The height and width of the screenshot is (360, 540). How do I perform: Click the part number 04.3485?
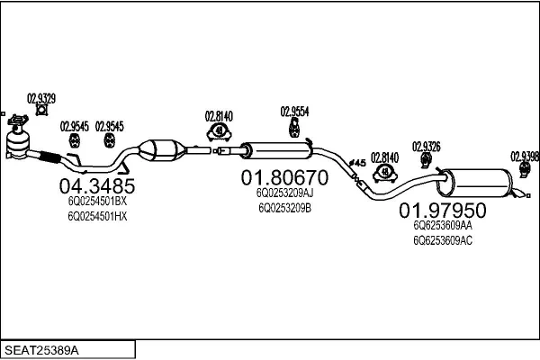click(x=96, y=186)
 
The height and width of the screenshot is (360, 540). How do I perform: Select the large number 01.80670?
click(x=284, y=177)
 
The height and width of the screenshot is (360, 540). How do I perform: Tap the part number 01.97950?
click(x=442, y=211)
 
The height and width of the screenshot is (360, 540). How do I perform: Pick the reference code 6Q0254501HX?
click(x=97, y=216)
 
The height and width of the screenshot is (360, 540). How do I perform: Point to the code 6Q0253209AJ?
click(x=284, y=193)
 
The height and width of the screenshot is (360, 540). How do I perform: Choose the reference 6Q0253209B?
click(x=284, y=207)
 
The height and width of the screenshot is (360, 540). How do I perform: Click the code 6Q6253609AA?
click(x=442, y=227)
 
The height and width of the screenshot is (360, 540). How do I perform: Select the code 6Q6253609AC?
click(x=442, y=240)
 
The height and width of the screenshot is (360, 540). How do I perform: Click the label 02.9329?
click(x=40, y=98)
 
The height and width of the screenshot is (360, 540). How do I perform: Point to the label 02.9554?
click(x=294, y=112)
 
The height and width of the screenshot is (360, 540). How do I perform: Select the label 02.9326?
click(x=426, y=146)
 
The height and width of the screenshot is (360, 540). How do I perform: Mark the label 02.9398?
click(x=525, y=155)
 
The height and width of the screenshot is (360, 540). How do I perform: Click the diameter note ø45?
click(x=355, y=163)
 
